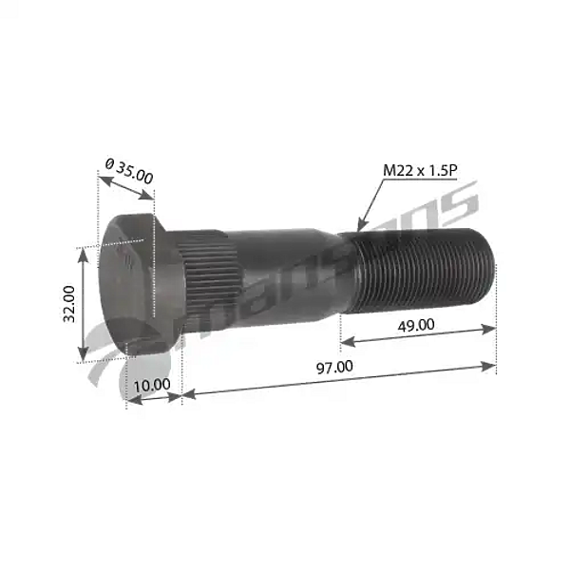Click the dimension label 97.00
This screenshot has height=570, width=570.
click(332, 366)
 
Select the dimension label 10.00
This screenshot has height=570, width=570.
click(152, 385)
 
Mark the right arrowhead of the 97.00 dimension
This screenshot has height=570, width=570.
click(493, 364)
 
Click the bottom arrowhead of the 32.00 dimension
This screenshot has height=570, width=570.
click(83, 358)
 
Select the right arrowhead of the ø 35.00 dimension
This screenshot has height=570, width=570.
click(150, 198)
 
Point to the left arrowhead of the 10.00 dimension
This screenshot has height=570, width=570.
click(130, 401)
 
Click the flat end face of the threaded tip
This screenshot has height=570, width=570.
click(490, 269)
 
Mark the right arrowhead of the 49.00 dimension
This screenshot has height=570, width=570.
click(493, 329)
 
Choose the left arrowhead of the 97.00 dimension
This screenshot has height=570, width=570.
click(184, 393)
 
